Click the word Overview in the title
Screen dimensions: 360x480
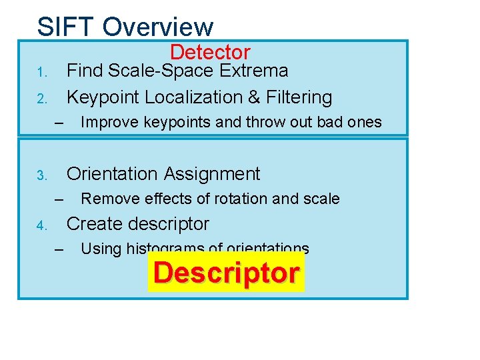point(158,27)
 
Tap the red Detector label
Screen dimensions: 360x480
point(210,52)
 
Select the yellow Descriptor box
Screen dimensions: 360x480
point(226,273)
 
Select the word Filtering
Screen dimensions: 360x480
point(299,97)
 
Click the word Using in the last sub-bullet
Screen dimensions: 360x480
point(100,249)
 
